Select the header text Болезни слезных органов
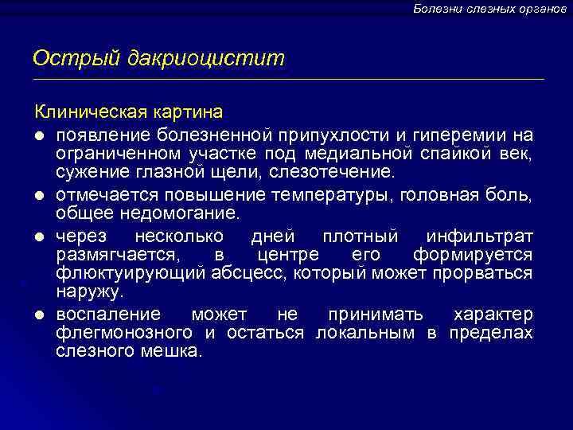(x=489, y=8)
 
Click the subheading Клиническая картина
(x=127, y=111)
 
